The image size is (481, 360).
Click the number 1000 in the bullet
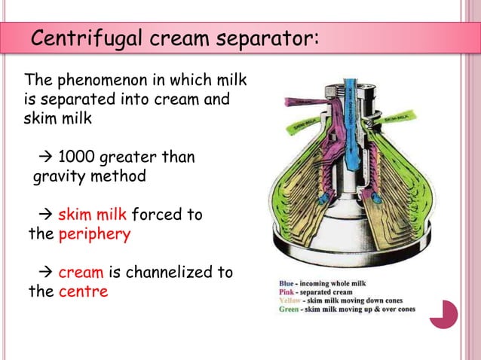click(76, 157)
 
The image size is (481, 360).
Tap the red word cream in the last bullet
click(81, 272)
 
